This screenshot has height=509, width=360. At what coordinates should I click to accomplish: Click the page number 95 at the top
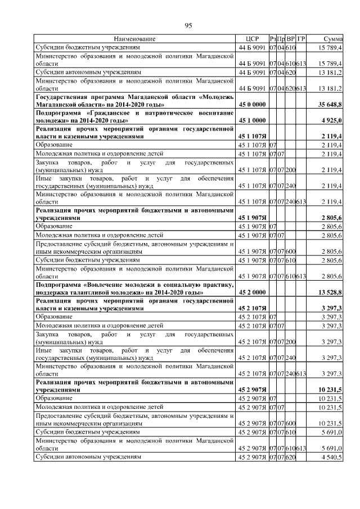[x=188, y=25]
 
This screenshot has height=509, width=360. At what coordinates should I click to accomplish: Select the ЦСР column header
[x=251, y=39]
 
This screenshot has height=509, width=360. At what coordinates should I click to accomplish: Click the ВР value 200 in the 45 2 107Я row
[x=291, y=341]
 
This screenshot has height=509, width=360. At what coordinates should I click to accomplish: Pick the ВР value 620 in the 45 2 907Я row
[x=291, y=457]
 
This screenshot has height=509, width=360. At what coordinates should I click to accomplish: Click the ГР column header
[x=301, y=39]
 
